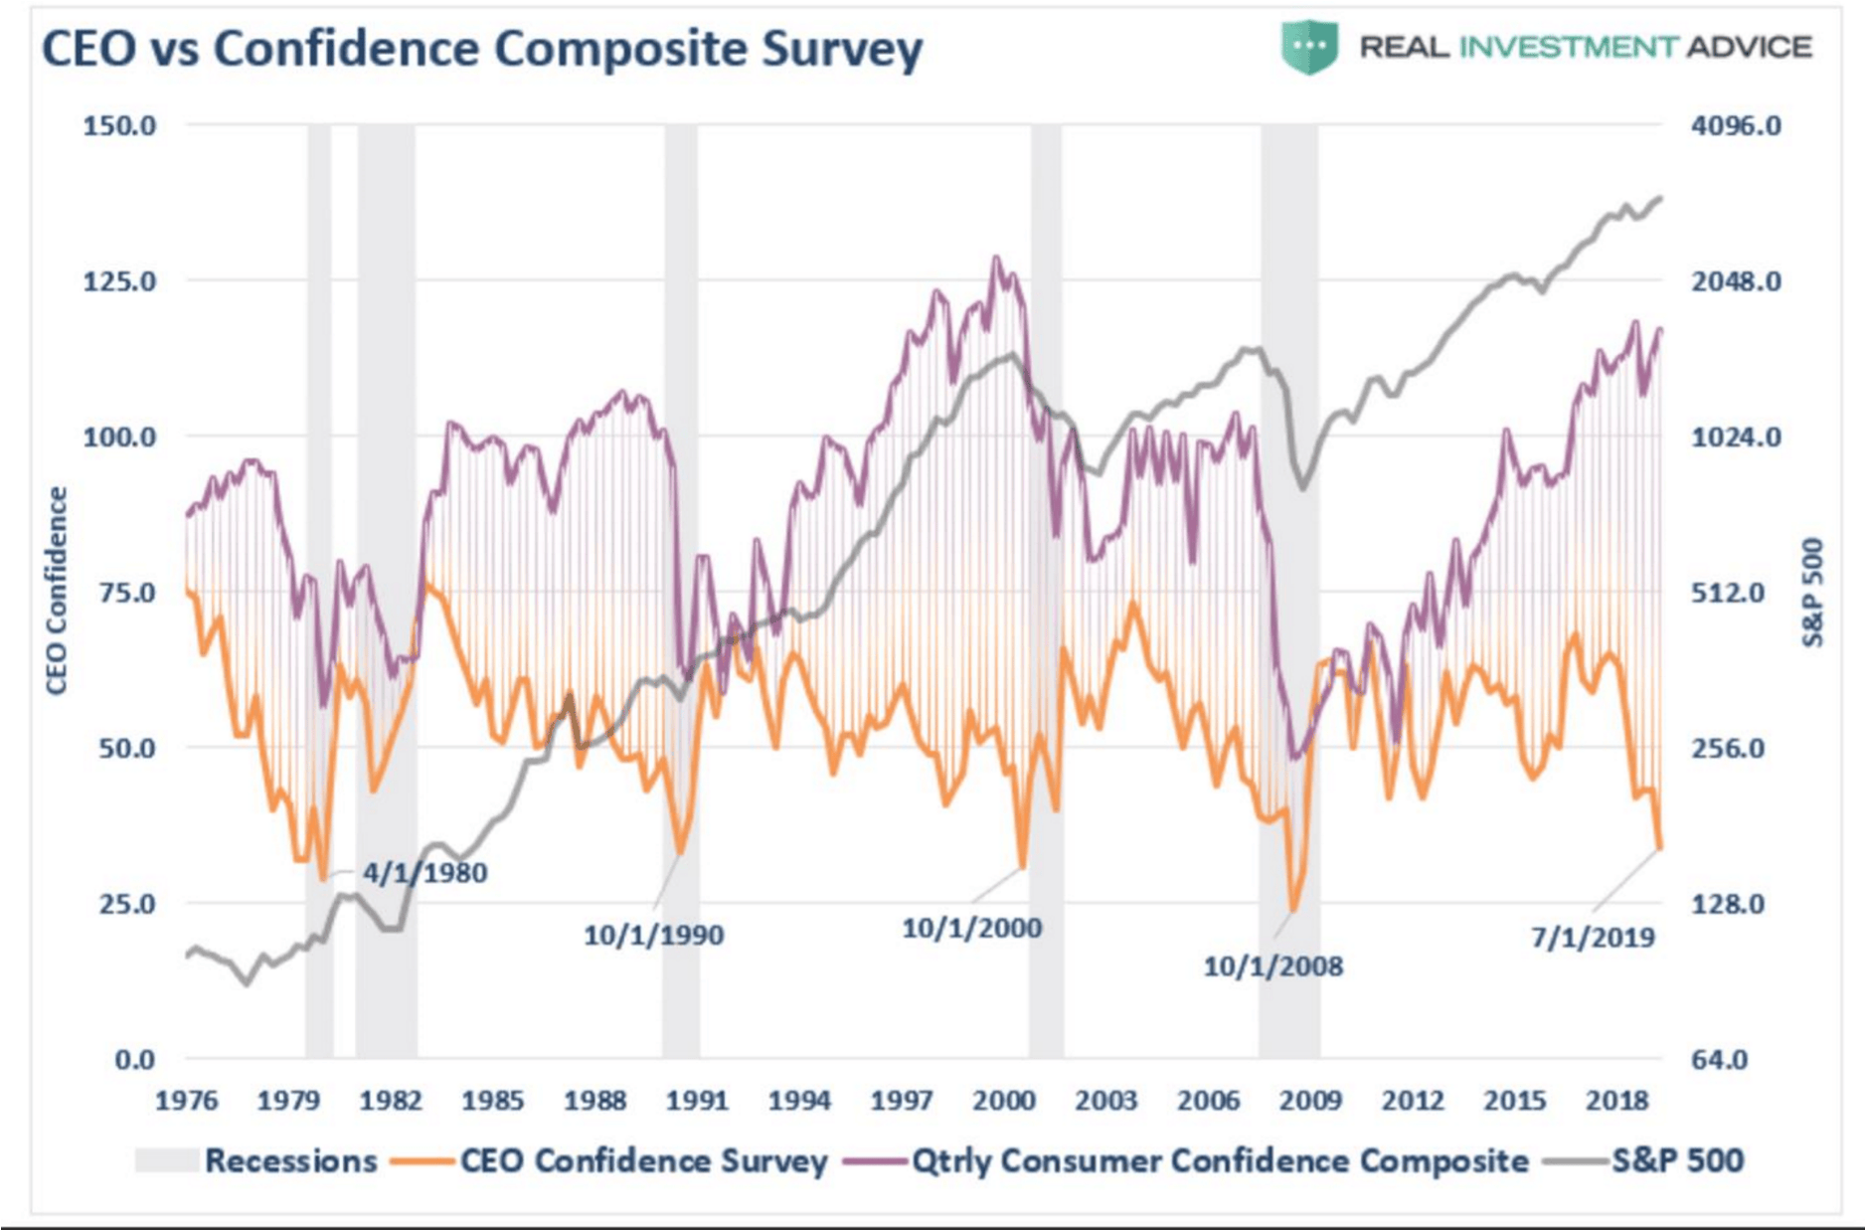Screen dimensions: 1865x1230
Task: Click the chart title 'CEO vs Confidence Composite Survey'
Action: coord(482,49)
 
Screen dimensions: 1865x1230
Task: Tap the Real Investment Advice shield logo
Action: coord(1309,47)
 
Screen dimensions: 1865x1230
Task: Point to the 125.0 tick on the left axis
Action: coord(119,281)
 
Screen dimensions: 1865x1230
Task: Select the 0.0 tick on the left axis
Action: coord(135,1060)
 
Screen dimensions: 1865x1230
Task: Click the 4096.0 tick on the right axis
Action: coord(1736,126)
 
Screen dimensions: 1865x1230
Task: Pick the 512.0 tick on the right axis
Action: coord(1728,594)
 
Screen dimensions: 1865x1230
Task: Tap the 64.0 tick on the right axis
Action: coord(1720,1060)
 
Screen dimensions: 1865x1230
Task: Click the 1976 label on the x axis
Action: coord(187,1101)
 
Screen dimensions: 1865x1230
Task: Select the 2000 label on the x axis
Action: coord(1004,1101)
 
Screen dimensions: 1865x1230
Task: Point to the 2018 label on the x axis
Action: coord(1617,1101)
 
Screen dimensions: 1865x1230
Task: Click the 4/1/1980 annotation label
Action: coord(424,873)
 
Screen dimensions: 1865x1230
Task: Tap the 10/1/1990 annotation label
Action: coord(653,936)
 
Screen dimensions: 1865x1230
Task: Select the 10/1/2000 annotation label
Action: coord(971,929)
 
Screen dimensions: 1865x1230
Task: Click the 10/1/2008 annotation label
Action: coord(1272,966)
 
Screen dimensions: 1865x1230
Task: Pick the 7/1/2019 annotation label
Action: coord(1593,938)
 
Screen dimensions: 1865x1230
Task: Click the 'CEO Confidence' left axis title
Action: coord(57,591)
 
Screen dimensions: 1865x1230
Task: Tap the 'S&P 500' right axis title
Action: coord(1812,593)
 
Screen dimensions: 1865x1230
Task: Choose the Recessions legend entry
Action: coord(256,1160)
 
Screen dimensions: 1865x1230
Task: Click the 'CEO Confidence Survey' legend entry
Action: coord(609,1160)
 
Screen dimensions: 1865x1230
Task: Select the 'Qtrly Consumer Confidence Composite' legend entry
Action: coord(1186,1160)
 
